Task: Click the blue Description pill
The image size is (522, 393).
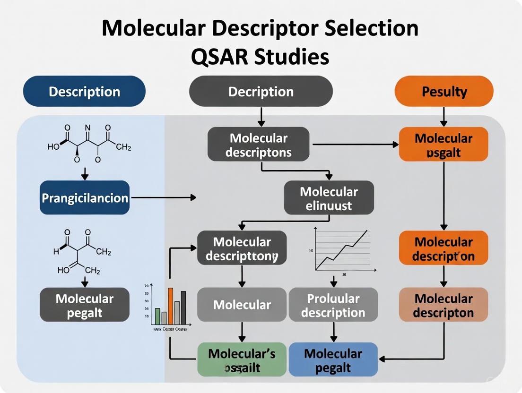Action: pos(84,91)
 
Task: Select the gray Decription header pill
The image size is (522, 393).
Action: pos(261,91)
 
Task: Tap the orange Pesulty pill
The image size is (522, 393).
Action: pos(444,91)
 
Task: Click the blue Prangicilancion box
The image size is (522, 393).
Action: pos(85,197)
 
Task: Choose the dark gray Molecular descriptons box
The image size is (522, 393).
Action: pos(258,145)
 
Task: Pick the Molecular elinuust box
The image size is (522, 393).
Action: pos(329,198)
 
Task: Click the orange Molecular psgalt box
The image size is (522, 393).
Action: pos(444,145)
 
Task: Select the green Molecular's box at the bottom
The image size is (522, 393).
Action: pos(242,360)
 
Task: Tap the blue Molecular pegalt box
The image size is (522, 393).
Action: pos(333,360)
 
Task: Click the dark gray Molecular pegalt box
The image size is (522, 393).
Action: pos(85,305)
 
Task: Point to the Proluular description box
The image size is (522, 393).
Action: pos(333,305)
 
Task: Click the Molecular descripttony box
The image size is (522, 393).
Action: pos(242,248)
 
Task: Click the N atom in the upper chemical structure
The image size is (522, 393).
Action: pos(87,128)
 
